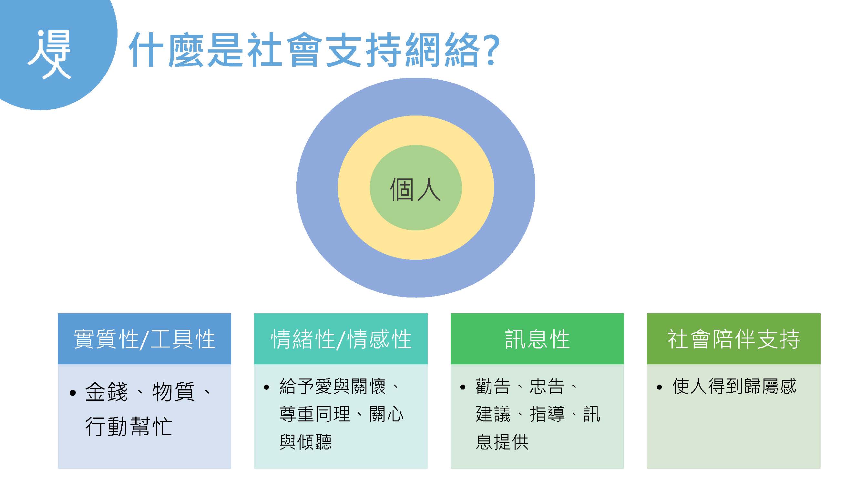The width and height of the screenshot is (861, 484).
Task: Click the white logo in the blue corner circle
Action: tap(49, 55)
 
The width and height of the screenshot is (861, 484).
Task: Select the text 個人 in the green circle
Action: tap(415, 189)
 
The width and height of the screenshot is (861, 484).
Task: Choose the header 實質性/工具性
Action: tap(144, 339)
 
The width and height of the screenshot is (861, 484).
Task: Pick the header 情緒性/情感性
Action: tap(341, 339)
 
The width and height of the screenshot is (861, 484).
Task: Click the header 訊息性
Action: tap(537, 339)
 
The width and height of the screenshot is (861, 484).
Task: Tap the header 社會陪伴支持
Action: tap(734, 339)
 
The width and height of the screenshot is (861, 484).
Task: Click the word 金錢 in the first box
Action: tap(106, 391)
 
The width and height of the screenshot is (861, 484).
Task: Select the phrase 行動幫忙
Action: tap(129, 426)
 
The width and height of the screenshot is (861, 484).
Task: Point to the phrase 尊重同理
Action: tap(314, 414)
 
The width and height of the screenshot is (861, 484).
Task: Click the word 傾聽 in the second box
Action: tap(314, 442)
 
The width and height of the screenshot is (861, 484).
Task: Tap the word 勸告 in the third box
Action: tap(493, 387)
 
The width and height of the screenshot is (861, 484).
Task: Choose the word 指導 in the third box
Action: tap(547, 414)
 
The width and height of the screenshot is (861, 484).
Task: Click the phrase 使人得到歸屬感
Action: tap(734, 387)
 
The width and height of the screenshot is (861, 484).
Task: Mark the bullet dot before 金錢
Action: tap(73, 393)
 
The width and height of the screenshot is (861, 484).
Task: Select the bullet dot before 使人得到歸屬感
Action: tap(659, 388)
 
